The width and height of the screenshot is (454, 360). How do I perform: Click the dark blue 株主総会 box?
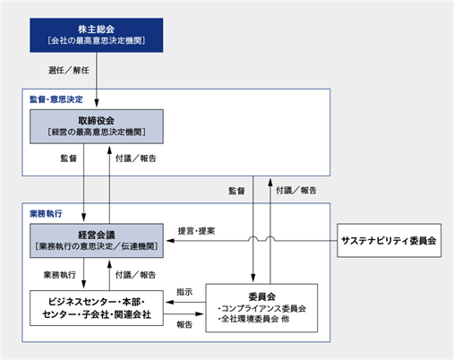[97, 35]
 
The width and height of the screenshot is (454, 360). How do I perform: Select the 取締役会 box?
[97, 126]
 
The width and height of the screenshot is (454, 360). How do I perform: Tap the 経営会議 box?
[97, 241]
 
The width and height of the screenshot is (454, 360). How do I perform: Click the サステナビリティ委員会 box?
[389, 240]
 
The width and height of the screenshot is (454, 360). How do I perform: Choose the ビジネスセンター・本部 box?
[97, 308]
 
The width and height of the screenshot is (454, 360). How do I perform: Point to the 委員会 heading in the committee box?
[261, 296]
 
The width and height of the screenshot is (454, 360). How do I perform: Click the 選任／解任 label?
[69, 70]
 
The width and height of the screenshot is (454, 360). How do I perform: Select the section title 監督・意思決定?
[56, 99]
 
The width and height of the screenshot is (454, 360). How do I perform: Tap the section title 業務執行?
[46, 213]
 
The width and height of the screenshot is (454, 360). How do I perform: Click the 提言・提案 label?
[196, 231]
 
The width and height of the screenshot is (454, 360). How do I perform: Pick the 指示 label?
[184, 292]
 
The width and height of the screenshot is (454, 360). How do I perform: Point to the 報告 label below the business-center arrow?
[184, 324]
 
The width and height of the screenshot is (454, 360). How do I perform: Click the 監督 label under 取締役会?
[69, 159]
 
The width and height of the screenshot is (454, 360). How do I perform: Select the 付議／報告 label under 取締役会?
[136, 159]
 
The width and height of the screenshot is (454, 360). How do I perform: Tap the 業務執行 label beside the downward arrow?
[60, 275]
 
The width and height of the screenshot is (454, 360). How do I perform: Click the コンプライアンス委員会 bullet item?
[262, 308]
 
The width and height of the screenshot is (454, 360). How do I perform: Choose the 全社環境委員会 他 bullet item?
[253, 319]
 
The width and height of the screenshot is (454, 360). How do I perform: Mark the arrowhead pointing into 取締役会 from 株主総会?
[97, 103]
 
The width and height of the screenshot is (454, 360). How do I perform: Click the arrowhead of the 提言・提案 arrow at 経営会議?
[170, 241]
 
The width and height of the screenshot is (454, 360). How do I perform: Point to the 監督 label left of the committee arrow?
[236, 191]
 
